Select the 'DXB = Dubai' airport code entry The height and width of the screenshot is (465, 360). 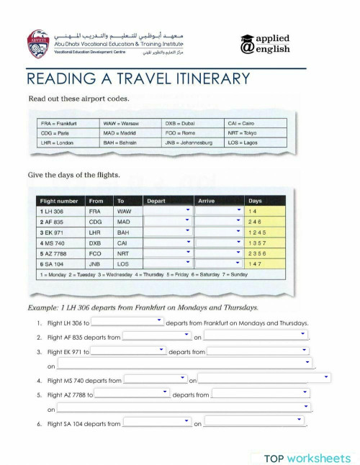click(181, 123)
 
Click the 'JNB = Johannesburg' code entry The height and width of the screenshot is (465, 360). click(189, 143)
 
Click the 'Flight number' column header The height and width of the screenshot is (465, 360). click(57, 200)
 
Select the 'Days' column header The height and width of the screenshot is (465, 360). click(256, 200)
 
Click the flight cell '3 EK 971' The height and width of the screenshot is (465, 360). click(53, 232)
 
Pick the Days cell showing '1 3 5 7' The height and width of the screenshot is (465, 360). click(257, 243)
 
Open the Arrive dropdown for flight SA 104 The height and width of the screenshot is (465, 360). click(219, 264)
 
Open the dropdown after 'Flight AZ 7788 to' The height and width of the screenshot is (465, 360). click(132, 394)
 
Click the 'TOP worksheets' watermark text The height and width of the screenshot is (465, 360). click(307, 456)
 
